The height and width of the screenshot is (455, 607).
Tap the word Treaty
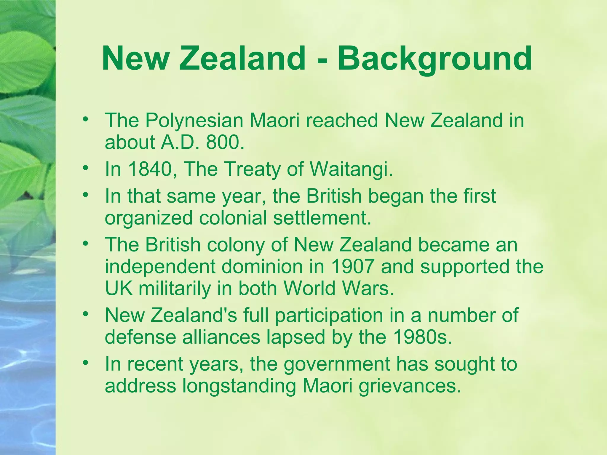251,169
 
